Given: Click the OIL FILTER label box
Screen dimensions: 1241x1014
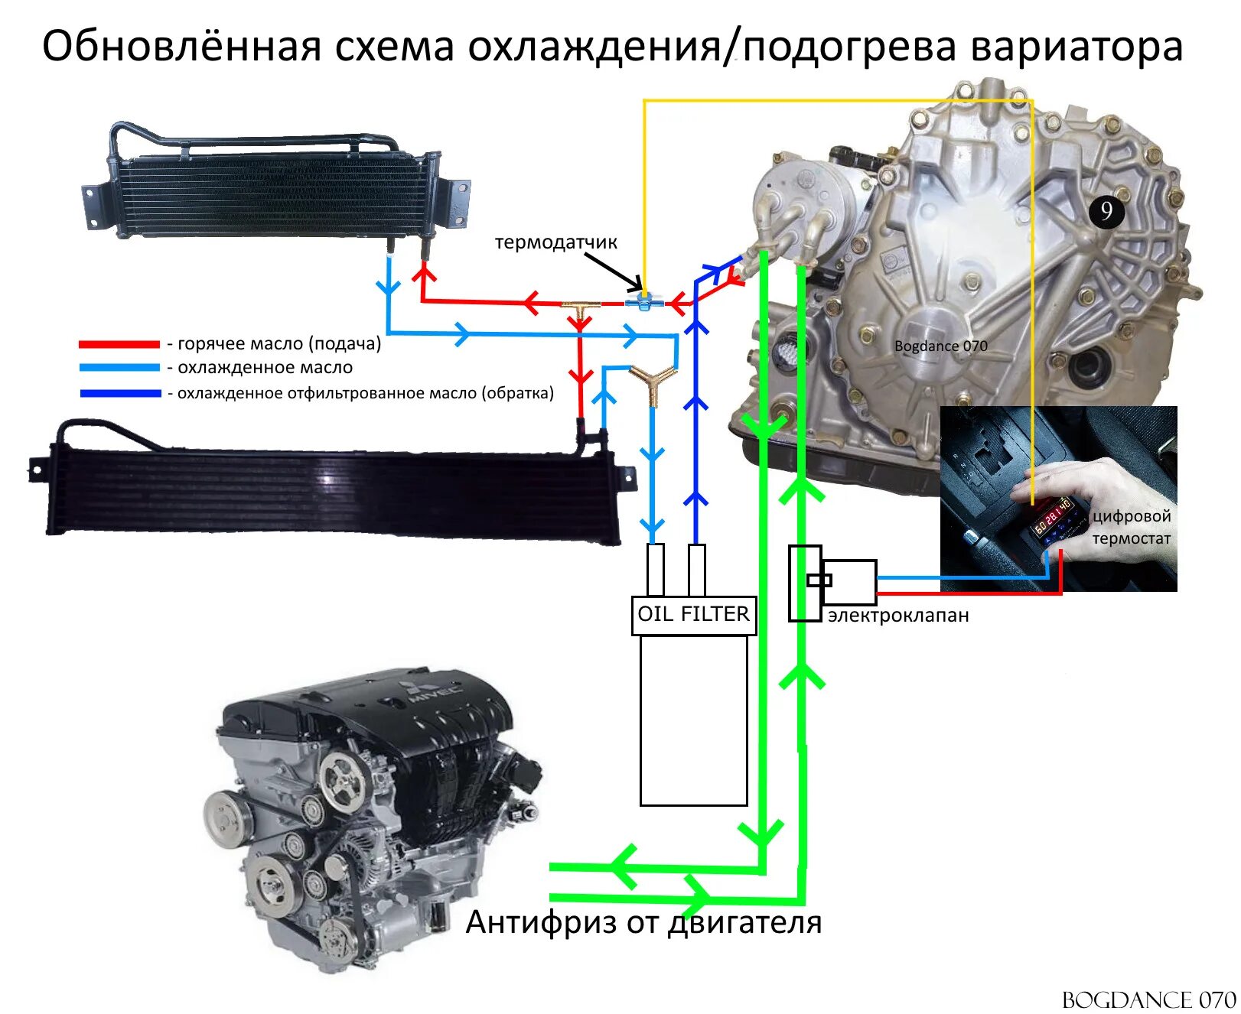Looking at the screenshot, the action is pos(693,615).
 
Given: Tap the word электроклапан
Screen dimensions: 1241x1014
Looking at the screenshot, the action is pos(898,616).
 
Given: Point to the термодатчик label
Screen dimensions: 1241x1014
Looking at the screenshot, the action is pos(555,242).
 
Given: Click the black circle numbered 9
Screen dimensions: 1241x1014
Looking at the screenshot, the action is pos(1106,211).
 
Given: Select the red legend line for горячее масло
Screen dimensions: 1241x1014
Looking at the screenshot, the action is pos(119,344).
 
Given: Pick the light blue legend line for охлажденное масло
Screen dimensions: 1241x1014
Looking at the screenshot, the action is pos(119,368).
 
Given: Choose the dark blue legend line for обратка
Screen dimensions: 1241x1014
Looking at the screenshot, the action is pos(119,393).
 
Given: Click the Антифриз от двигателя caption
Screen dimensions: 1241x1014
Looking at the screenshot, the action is pos(643,922).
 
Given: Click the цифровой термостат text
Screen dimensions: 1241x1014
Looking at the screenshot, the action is pos(1131,527).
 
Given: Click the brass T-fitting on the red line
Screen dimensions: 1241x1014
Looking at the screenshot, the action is pos(580,308).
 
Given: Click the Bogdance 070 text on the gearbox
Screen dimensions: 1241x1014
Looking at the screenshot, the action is pos(940,346).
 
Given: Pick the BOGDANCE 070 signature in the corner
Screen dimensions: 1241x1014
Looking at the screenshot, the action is pos(1148,999).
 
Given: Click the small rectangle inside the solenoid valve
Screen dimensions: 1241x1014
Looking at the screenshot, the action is pos(819,580).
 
